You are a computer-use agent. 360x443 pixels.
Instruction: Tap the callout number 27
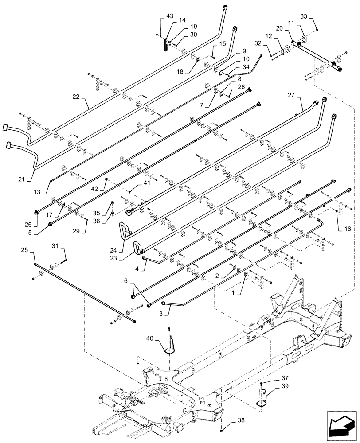point(290,95)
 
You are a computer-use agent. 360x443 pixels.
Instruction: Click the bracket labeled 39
point(263,396)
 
